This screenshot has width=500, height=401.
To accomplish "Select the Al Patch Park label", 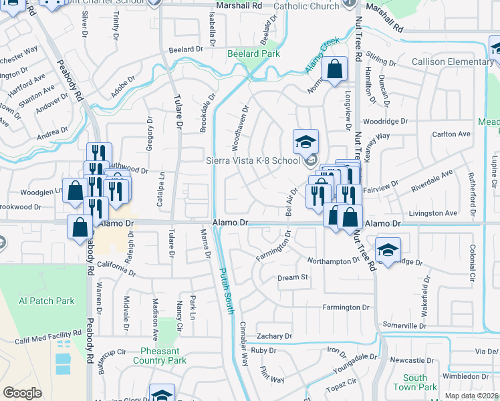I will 47,301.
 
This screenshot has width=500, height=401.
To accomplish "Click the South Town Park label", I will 415,382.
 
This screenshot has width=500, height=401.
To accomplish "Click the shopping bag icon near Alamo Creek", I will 334,68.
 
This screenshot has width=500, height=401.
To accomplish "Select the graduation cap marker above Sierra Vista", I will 305,141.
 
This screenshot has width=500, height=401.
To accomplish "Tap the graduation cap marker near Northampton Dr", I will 388,249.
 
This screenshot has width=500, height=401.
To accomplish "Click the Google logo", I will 23,393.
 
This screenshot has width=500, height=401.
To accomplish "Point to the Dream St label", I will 293,277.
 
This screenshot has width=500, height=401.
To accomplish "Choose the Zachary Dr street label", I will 274,336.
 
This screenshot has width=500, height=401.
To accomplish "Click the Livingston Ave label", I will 433,213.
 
